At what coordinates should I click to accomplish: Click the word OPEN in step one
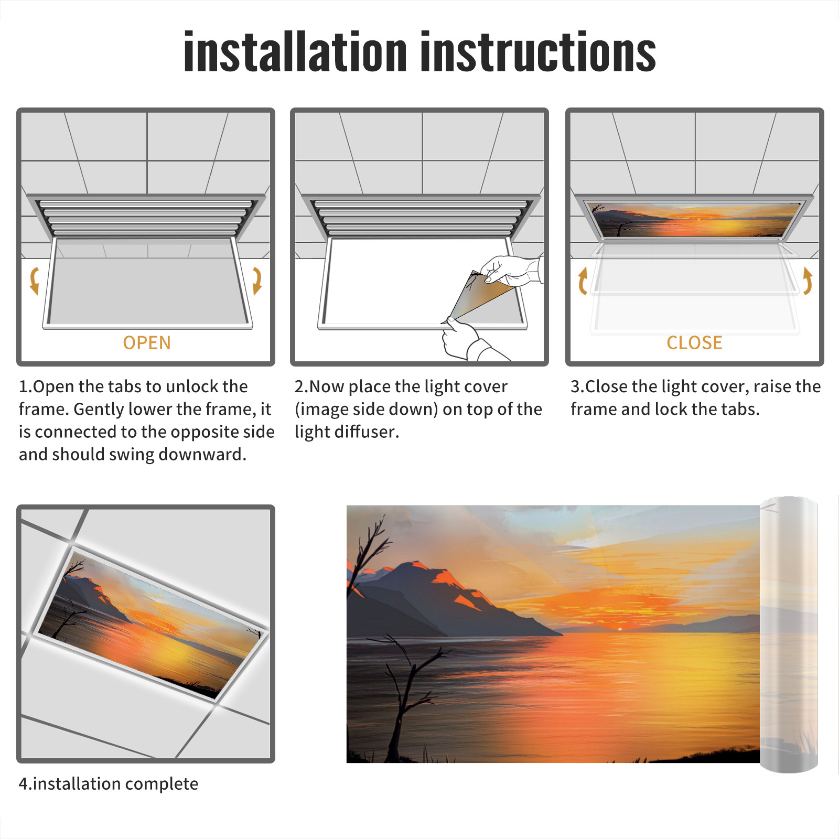[x=147, y=342]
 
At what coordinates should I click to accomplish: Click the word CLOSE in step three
[x=694, y=342]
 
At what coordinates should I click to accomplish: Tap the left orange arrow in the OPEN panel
[x=35, y=281]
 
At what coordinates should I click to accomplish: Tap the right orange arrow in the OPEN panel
[x=257, y=281]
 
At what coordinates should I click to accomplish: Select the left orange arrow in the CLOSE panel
[x=583, y=281]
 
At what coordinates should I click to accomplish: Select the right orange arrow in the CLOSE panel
[x=808, y=281]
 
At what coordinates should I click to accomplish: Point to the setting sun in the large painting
[x=620, y=628]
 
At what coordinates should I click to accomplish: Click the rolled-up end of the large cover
[x=789, y=634]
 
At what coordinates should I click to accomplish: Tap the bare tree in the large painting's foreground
[x=404, y=697]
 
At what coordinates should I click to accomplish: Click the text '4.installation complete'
[x=109, y=783]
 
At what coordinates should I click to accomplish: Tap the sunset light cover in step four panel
[x=152, y=624]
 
